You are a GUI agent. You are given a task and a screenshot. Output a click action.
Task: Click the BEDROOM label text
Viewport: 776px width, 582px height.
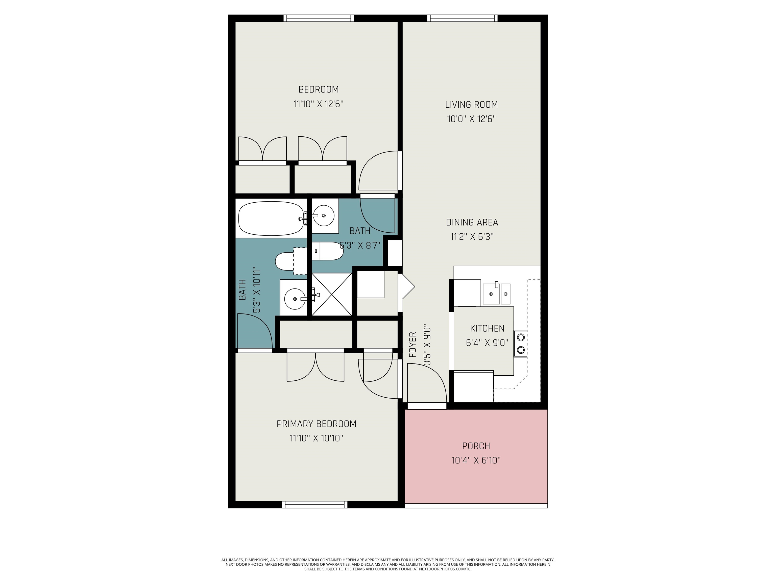[319, 89]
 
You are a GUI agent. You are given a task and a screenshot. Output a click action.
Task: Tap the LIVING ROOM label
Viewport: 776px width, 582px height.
[472, 105]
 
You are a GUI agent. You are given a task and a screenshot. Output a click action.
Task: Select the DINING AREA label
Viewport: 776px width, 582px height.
[472, 222]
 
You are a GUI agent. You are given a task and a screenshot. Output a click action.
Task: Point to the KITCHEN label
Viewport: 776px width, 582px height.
[487, 329]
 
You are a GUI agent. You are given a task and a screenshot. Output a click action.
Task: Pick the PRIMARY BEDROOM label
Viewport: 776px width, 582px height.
[317, 424]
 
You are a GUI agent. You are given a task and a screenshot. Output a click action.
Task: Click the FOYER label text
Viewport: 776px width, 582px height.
[413, 345]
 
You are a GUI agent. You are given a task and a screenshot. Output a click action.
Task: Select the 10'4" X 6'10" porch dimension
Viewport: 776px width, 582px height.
[476, 460]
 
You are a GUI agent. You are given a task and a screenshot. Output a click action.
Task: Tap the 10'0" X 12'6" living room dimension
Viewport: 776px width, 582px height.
[472, 119]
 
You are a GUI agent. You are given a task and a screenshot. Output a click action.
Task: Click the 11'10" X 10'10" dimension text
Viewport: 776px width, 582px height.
[317, 438]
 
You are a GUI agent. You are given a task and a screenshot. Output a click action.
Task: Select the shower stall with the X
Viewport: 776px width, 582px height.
[331, 294]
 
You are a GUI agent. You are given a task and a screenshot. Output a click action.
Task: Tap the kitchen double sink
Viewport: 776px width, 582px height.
[496, 293]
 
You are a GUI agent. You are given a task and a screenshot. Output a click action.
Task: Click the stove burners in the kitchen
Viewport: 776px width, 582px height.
[521, 344]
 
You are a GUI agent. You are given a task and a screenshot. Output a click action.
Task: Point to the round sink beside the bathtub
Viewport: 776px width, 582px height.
[323, 216]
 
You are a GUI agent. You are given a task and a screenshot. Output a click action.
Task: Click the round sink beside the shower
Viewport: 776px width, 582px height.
[295, 299]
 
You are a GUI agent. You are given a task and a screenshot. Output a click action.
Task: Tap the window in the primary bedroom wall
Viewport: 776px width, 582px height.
[315, 504]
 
